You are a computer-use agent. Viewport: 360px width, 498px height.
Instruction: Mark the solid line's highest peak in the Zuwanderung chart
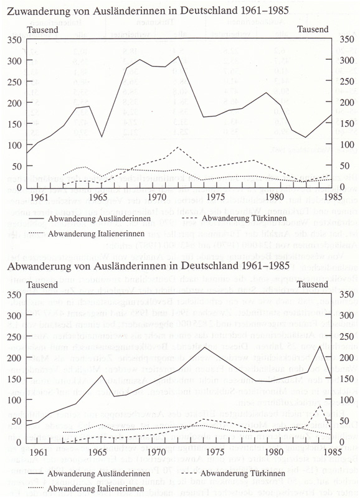[179, 57]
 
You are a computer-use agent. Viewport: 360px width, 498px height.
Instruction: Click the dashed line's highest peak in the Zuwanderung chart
[179, 147]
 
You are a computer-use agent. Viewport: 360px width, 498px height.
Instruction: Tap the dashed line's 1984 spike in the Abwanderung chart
[320, 406]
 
